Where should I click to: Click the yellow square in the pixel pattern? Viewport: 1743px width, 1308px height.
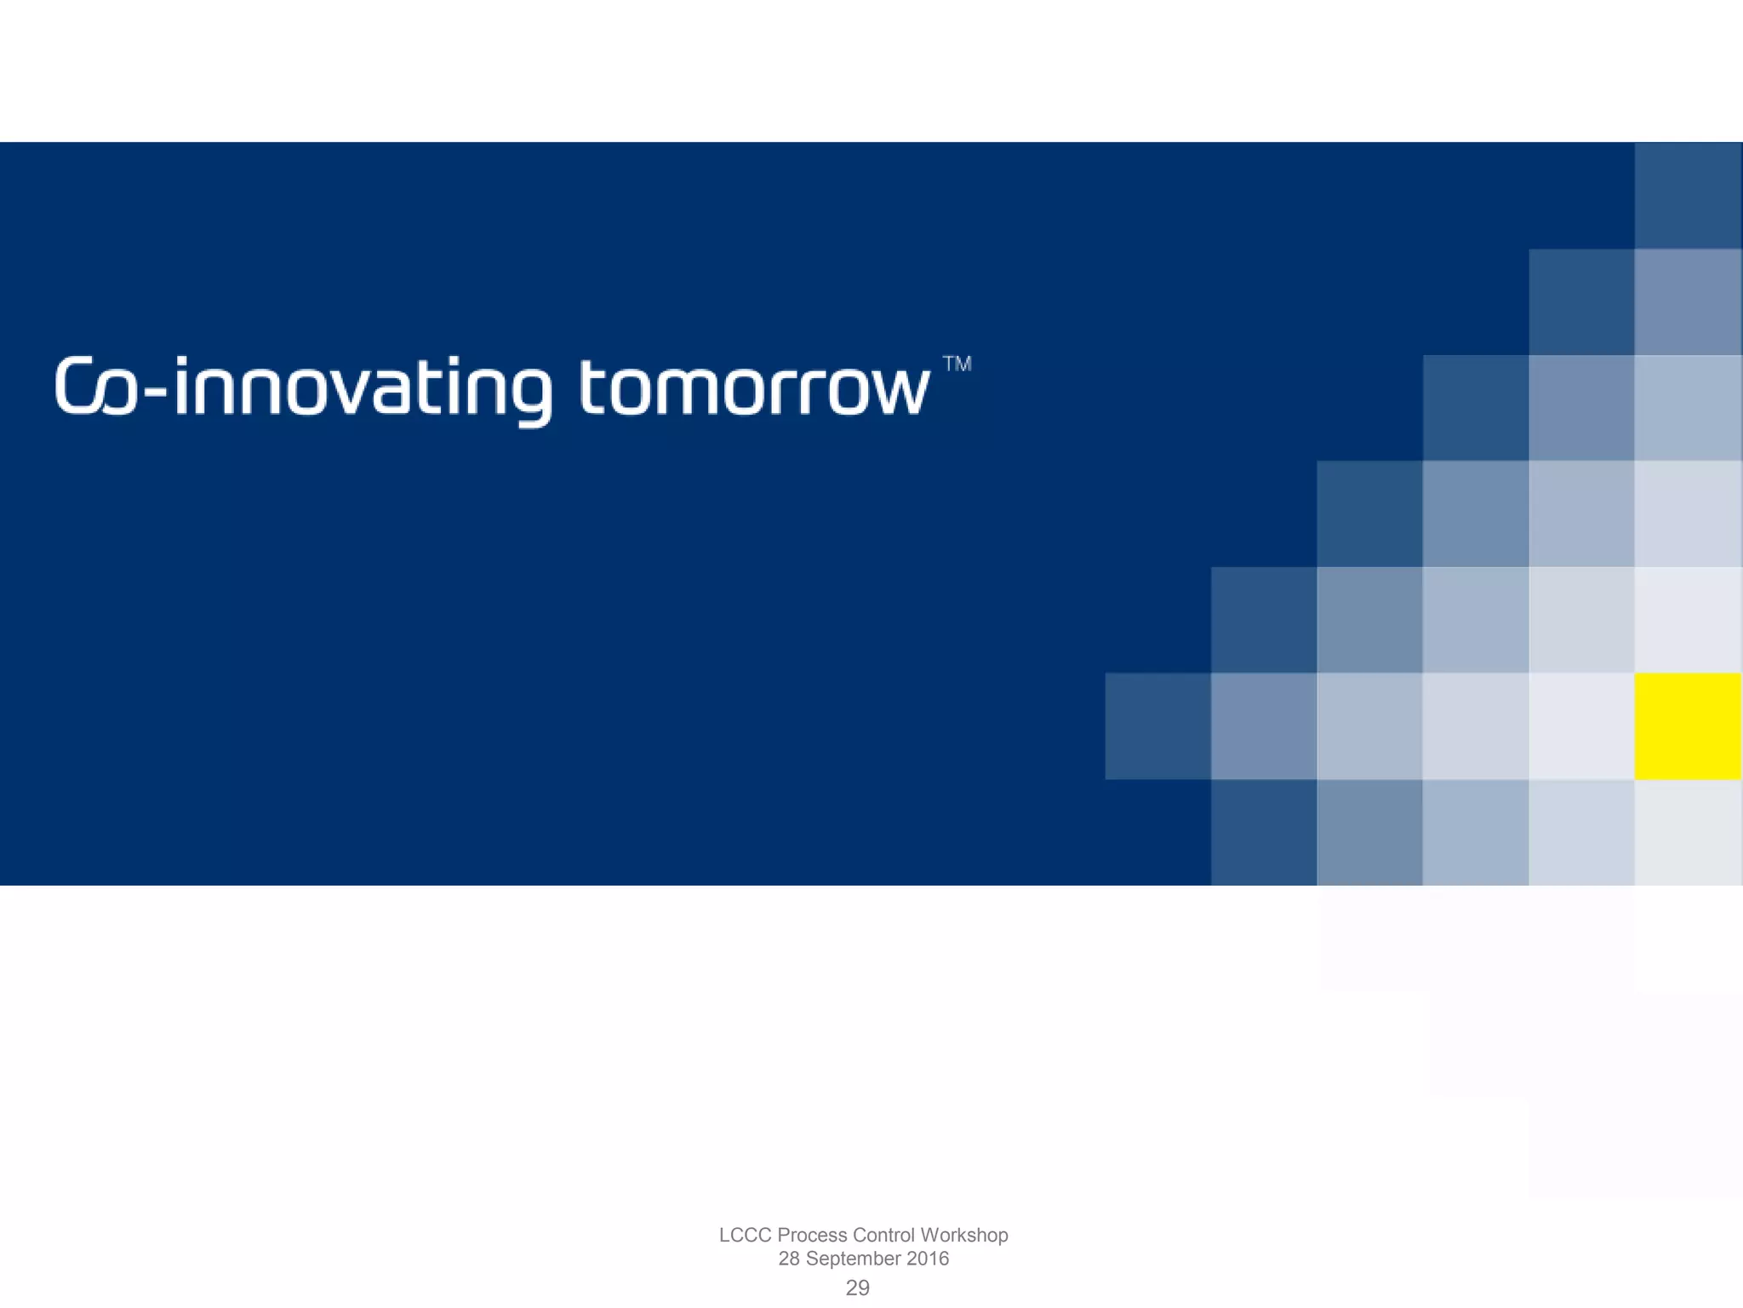click(x=1688, y=726)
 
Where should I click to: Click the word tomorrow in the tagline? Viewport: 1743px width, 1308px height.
click(x=754, y=387)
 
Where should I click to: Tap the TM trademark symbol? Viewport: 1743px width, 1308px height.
click(x=957, y=364)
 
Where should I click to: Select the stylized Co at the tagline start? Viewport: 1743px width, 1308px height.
click(x=94, y=387)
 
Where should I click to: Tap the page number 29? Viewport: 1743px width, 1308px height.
click(x=857, y=1288)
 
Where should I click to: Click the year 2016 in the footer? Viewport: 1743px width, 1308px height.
click(x=927, y=1259)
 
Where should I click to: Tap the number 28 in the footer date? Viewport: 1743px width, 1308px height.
click(x=789, y=1259)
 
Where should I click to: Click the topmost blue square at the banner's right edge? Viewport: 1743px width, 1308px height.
click(x=1688, y=195)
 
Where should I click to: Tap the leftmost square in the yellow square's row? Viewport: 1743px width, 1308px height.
click(x=1157, y=726)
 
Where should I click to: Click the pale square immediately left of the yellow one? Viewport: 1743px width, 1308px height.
click(x=1581, y=726)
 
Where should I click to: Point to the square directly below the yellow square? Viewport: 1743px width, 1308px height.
click(x=1688, y=832)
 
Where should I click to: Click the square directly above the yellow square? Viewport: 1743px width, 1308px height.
click(x=1688, y=619)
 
